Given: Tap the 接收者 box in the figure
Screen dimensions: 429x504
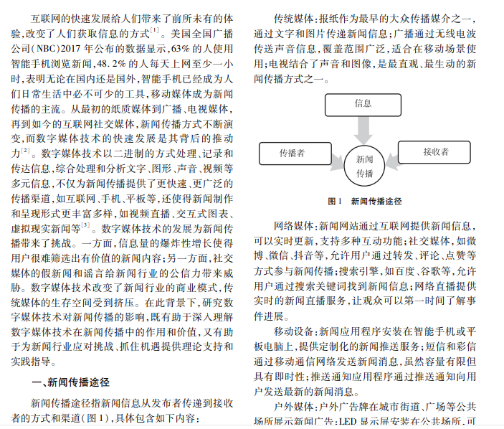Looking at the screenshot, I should click(435, 152).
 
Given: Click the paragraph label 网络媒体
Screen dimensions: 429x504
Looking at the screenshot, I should click(293, 226).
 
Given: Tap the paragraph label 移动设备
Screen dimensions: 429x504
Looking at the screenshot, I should click(293, 332).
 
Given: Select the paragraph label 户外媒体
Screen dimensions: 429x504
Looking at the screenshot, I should click(293, 407).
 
